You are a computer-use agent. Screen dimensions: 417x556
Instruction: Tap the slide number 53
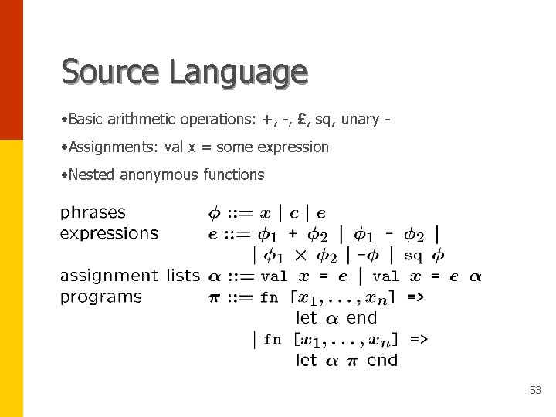(535, 391)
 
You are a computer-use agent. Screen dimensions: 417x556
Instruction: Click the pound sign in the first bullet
(304, 119)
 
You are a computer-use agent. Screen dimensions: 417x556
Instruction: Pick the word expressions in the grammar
(109, 233)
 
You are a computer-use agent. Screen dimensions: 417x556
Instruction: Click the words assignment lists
(130, 276)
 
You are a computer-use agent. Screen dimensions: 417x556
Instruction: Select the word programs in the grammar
(101, 297)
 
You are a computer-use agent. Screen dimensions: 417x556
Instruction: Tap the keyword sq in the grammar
(413, 255)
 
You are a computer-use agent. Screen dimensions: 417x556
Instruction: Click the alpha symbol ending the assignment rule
(475, 276)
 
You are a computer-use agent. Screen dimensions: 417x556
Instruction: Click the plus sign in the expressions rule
(293, 234)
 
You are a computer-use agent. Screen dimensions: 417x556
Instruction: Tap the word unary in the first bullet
(360, 119)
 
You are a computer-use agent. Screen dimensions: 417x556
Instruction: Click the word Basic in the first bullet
(86, 119)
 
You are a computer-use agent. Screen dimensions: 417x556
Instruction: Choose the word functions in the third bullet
(233, 175)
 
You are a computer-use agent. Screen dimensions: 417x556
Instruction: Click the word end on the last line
(382, 361)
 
